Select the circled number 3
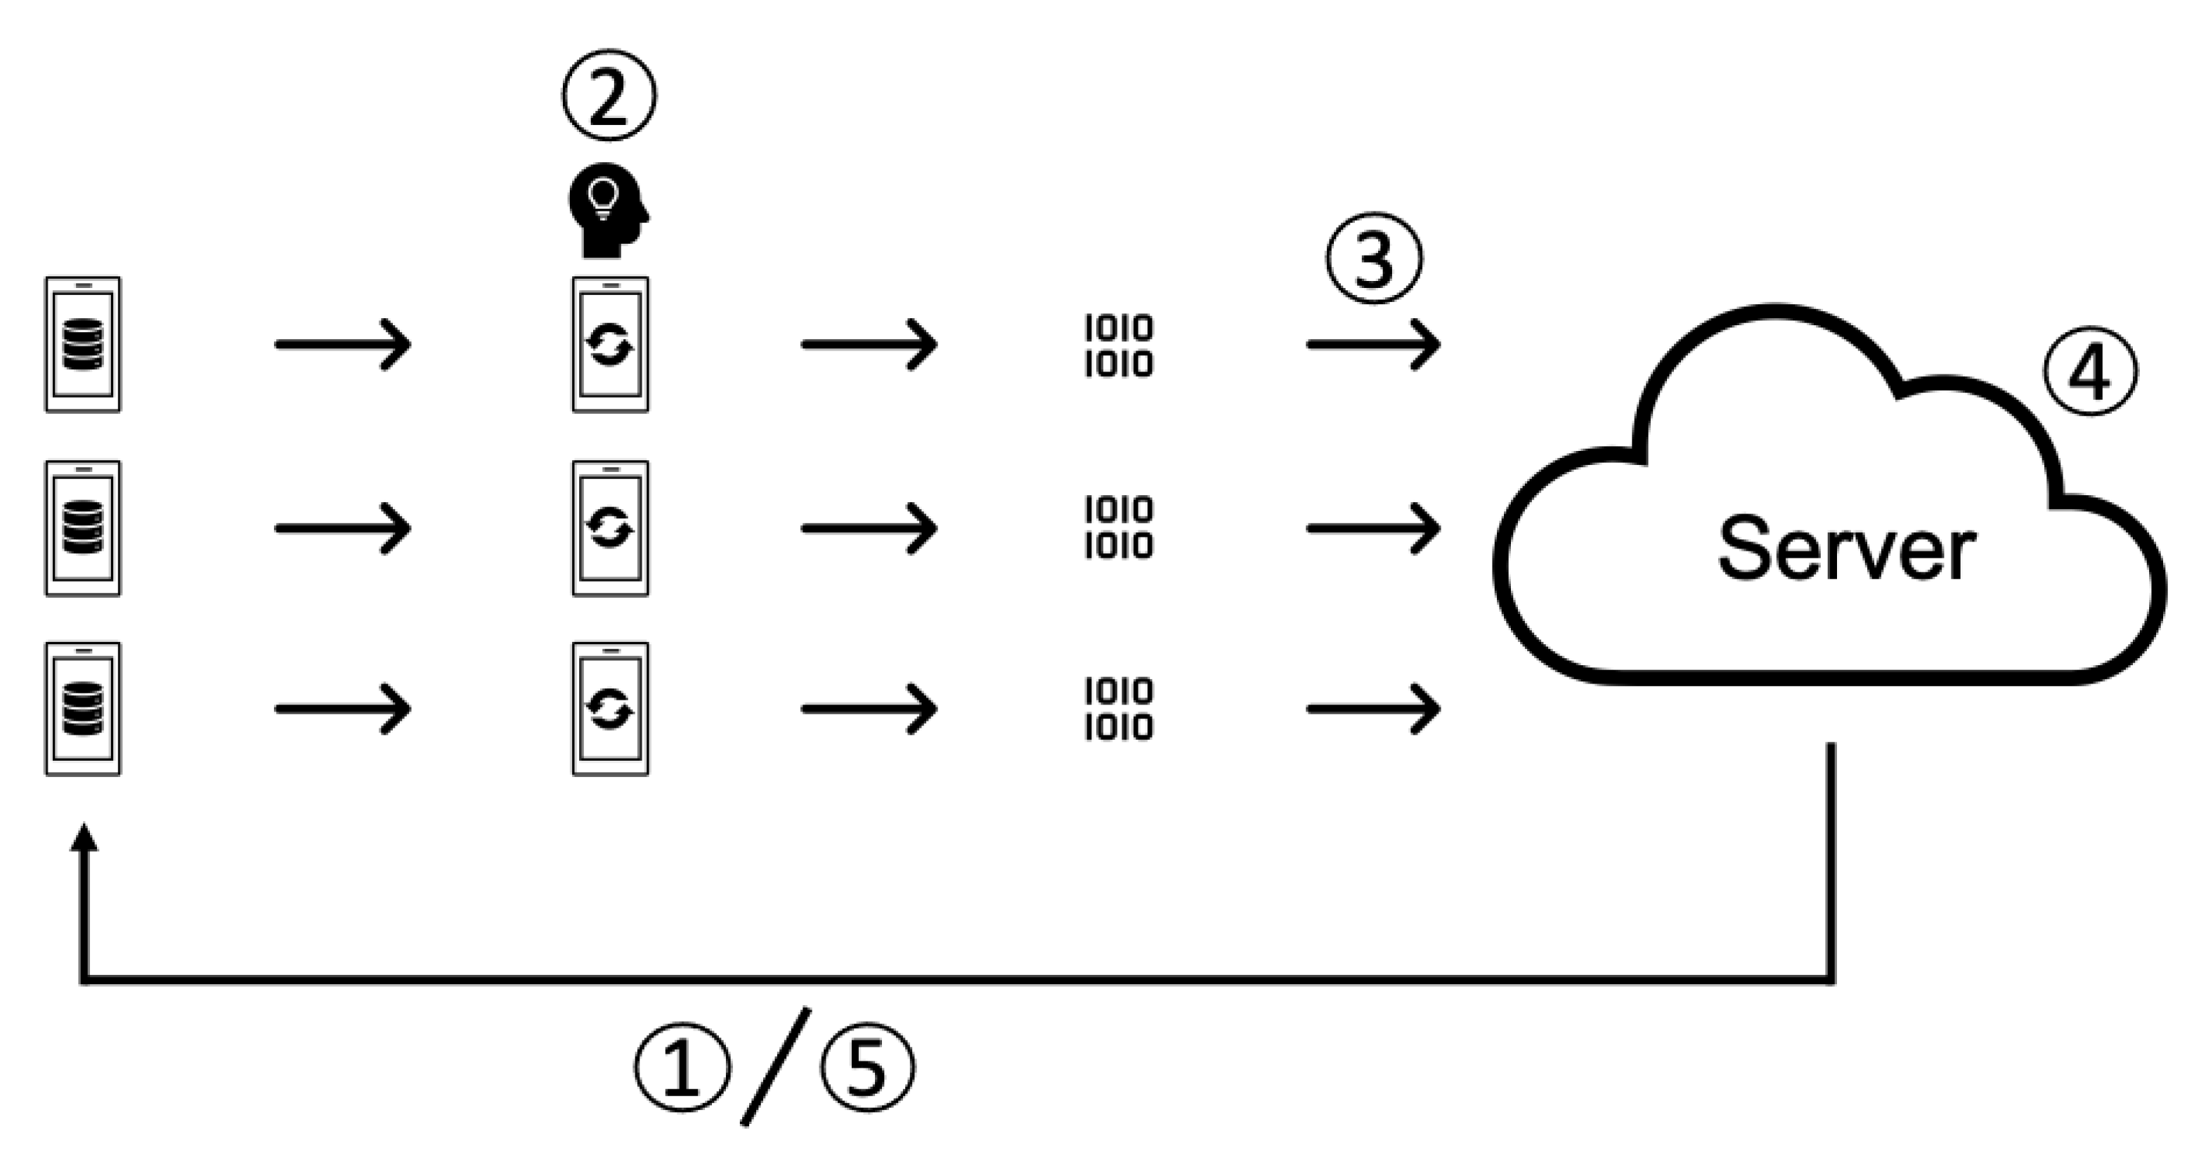point(1374,258)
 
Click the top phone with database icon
point(83,344)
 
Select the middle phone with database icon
point(83,528)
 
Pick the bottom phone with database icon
point(83,708)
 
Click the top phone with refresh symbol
point(610,344)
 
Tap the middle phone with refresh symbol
point(610,528)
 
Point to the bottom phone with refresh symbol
point(610,708)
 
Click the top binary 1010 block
point(1118,346)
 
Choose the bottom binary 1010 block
point(1118,708)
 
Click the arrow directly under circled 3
point(1373,344)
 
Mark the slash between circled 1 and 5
point(776,1066)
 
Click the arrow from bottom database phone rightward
point(342,708)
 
